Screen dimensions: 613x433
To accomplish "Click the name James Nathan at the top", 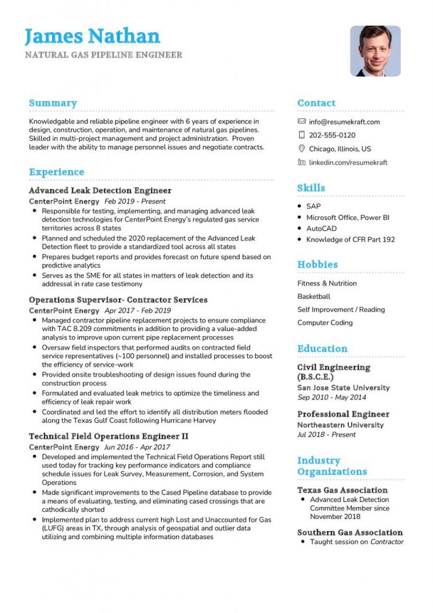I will [92, 36].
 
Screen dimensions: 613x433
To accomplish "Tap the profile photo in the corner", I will [375, 51].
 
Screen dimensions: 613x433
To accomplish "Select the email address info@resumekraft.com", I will [344, 122].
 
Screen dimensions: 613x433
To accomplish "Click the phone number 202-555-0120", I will [332, 135].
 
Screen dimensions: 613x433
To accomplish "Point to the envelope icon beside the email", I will [301, 122].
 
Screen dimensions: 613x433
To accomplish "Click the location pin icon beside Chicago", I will [301, 148].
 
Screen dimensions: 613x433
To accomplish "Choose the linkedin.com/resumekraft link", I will [348, 162].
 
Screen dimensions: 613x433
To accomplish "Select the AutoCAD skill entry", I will [321, 229].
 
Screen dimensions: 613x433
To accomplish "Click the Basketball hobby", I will [313, 296].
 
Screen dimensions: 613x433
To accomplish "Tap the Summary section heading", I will [53, 103].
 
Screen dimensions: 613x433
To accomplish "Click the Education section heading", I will [322, 348].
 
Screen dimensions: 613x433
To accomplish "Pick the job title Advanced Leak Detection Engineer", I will [100, 191].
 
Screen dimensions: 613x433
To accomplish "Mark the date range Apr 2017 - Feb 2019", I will [138, 311].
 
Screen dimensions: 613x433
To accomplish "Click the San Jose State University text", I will [343, 388].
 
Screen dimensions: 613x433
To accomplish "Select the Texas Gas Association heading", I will [342, 490].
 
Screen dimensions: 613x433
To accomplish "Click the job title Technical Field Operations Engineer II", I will [108, 436].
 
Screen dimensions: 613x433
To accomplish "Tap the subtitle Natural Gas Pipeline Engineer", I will [103, 55].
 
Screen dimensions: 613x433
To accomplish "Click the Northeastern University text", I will [340, 425].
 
